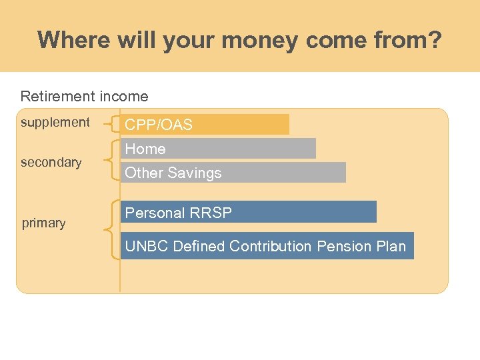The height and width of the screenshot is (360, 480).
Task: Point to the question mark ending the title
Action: [435, 40]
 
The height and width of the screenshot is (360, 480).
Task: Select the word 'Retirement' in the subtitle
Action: [57, 97]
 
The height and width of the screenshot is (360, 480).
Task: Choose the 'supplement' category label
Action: [55, 122]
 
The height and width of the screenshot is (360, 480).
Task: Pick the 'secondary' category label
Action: [51, 162]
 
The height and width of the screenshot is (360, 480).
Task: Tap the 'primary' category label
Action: [43, 223]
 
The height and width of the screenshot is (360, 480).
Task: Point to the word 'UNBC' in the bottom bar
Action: [147, 246]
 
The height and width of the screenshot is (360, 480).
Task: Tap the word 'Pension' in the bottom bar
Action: [344, 246]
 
